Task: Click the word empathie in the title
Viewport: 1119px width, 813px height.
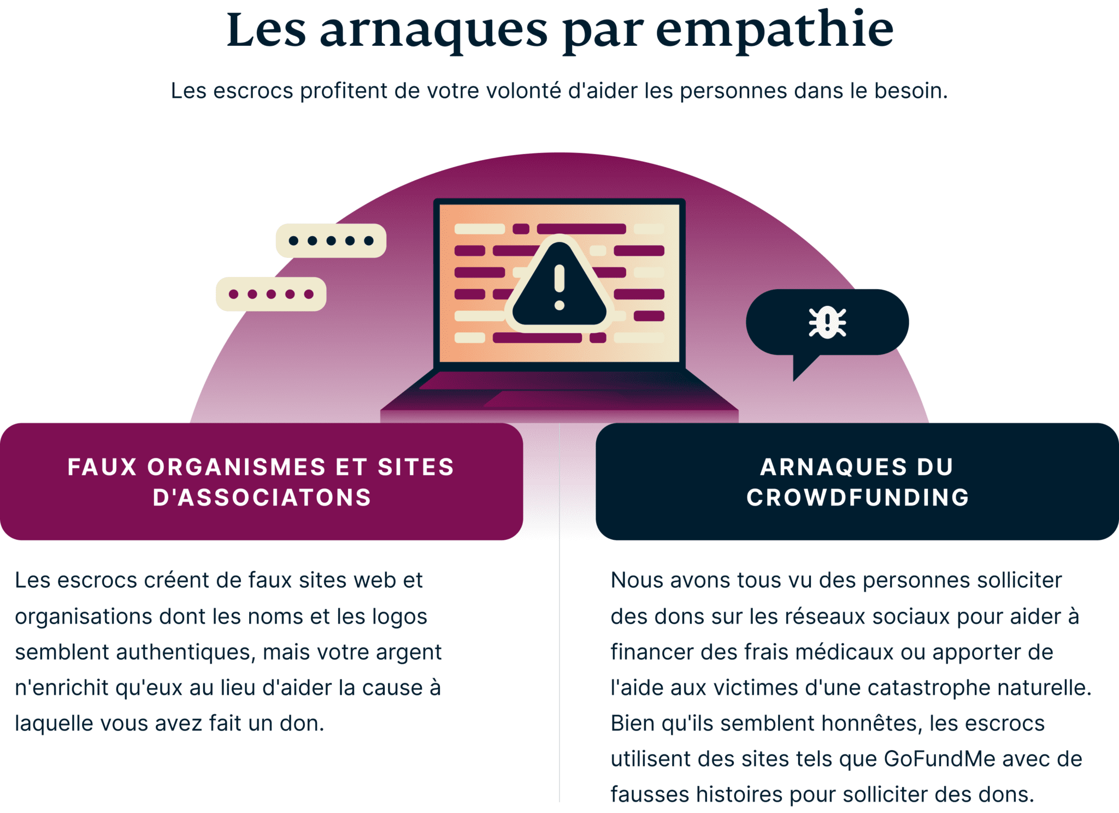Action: tap(774, 30)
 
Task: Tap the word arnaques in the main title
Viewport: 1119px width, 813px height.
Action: tap(433, 30)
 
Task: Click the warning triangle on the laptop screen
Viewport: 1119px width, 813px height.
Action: tap(559, 287)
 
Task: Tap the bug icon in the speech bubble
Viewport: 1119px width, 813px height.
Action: tap(827, 322)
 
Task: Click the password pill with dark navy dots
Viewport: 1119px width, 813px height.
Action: tap(331, 240)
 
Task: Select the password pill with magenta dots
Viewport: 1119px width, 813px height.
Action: tap(271, 294)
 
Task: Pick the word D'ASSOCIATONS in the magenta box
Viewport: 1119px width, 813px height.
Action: tap(262, 498)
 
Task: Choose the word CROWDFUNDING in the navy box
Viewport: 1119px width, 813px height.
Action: tap(858, 498)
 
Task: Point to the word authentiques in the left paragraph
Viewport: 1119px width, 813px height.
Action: tap(185, 652)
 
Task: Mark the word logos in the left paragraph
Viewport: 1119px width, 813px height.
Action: tap(399, 616)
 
